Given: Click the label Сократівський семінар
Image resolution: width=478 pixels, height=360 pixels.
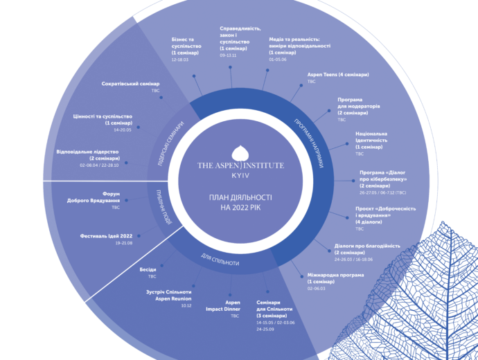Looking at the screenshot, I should click(x=130, y=91).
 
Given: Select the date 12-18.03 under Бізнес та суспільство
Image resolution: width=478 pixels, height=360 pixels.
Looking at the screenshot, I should click(x=179, y=60).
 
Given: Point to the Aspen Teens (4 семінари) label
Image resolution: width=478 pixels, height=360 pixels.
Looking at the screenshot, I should click(x=338, y=74).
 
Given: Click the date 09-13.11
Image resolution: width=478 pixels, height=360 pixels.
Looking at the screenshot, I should click(x=228, y=55).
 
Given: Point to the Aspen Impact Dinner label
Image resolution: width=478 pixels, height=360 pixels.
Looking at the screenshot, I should click(x=232, y=307).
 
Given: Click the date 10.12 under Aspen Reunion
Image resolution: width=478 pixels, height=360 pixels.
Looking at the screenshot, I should click(x=186, y=305).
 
